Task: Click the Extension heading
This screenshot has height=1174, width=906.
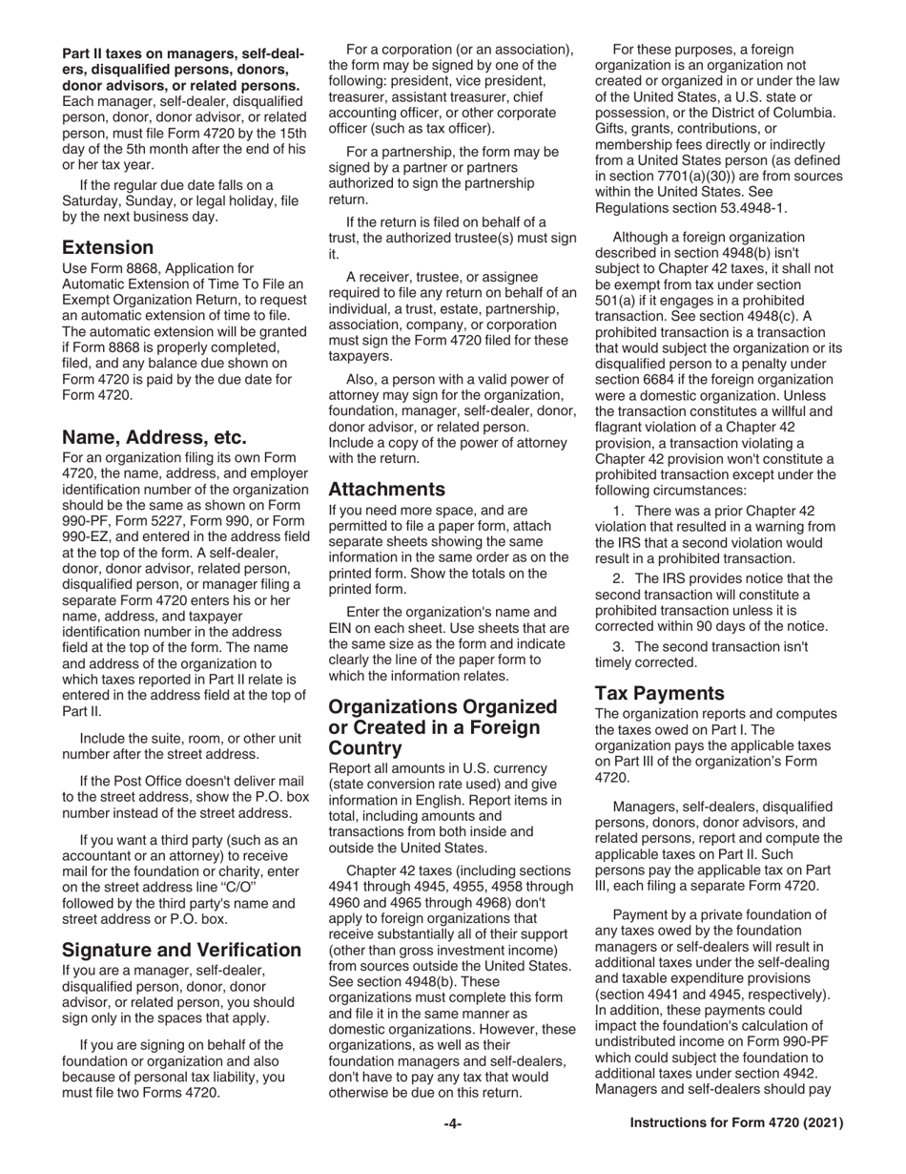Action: (x=108, y=248)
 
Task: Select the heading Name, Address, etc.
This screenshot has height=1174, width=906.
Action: (x=154, y=438)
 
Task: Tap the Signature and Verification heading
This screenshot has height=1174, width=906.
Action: (x=181, y=950)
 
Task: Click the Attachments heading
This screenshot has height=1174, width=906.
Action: (x=387, y=490)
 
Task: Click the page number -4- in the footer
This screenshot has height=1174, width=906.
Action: (x=453, y=1124)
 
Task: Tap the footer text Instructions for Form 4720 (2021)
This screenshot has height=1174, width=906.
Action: (x=737, y=1124)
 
